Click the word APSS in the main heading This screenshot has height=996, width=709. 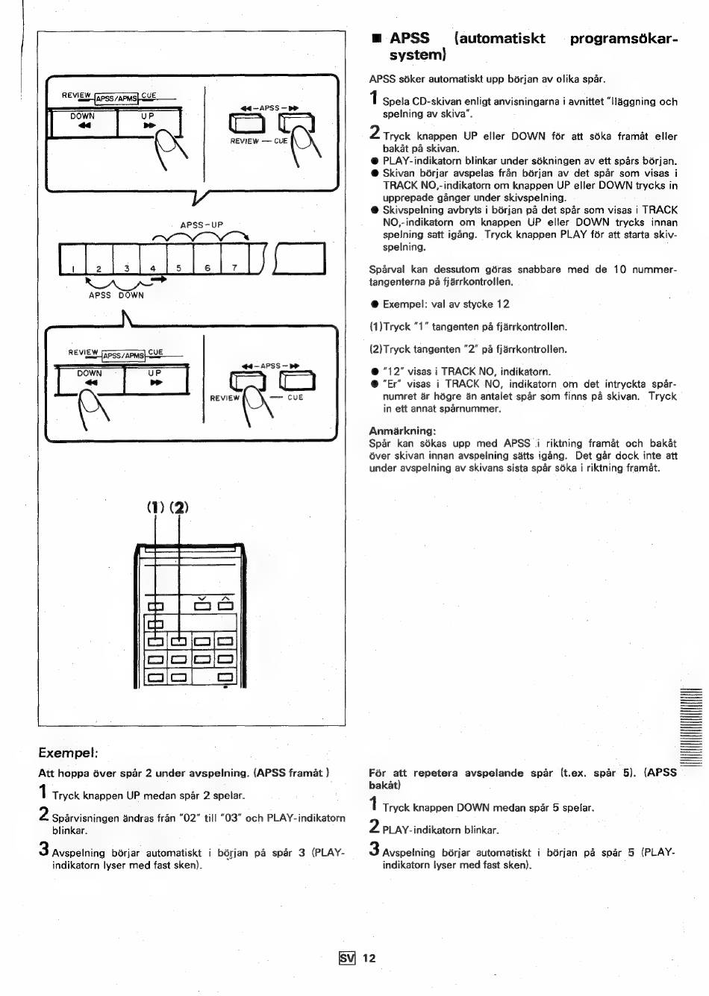410,38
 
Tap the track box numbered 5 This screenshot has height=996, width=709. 180,260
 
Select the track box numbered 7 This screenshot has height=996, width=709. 235,260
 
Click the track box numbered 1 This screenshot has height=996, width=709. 72,260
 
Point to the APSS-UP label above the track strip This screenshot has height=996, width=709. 202,225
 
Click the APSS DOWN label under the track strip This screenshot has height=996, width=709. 116,295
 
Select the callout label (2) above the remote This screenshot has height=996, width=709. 179,507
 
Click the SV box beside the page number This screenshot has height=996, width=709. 347,958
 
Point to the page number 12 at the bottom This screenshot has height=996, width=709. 369,958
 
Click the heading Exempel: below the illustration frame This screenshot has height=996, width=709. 68,753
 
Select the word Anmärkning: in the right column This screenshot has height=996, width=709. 402,431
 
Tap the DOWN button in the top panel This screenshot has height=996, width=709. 83,122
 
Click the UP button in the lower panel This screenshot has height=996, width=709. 156,380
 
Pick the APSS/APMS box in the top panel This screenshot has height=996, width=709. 116,98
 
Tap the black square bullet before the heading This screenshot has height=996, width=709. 377,39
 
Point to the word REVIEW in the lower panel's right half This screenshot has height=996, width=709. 225,398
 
